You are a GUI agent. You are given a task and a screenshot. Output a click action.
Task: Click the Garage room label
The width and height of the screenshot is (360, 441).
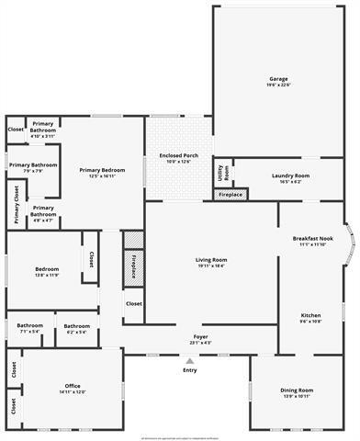point(278,79)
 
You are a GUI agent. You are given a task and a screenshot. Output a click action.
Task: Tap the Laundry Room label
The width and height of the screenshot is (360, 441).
point(290,175)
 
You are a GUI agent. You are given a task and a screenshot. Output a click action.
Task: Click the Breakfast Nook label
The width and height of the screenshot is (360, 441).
point(312,239)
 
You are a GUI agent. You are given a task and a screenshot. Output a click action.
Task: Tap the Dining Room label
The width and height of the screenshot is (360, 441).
point(296,390)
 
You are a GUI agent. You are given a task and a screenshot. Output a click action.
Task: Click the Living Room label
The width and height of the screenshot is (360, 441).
point(211,260)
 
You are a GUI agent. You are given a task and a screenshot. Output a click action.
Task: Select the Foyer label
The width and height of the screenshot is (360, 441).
point(200,337)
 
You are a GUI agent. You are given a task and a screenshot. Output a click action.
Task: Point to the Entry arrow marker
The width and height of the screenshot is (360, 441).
point(190,360)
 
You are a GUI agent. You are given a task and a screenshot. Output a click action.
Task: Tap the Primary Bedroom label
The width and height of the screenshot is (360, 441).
point(101,170)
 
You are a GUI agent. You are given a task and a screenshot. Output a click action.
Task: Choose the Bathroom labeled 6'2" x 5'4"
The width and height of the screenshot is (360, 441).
point(76,326)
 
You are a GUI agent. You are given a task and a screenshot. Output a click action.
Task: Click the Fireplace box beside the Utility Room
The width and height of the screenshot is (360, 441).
point(230,195)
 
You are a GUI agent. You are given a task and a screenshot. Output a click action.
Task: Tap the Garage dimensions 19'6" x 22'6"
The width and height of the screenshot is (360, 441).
point(278,85)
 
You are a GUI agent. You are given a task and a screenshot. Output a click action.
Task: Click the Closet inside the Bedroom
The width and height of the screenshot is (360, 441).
point(92,260)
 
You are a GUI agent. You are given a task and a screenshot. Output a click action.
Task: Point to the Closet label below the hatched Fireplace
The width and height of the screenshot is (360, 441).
point(133,303)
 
